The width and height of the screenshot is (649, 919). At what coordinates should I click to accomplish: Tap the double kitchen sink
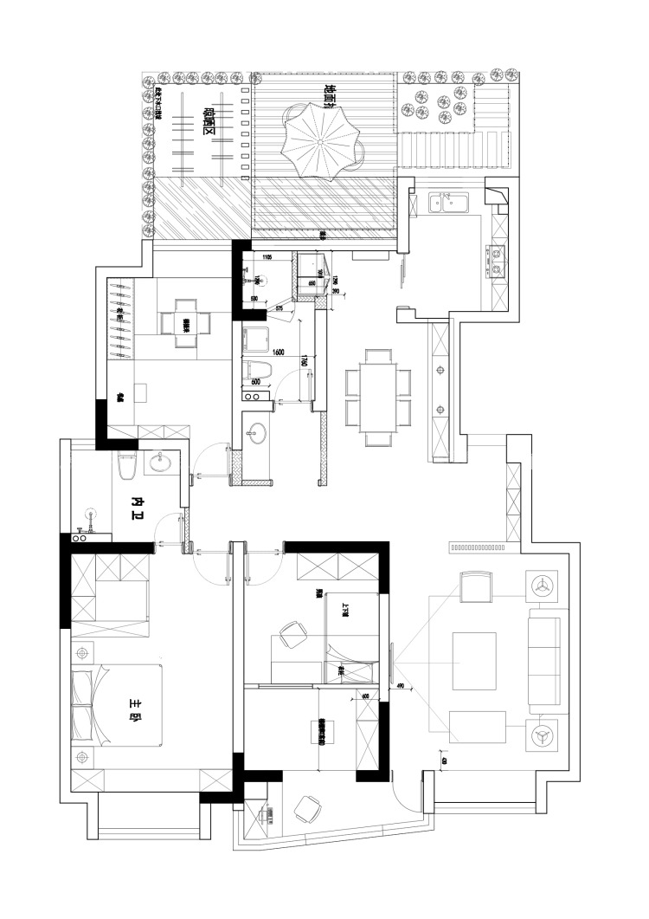coord(450,204)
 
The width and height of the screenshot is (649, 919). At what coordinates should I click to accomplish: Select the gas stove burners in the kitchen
coord(498,262)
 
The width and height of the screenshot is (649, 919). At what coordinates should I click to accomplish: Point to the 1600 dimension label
coord(278,353)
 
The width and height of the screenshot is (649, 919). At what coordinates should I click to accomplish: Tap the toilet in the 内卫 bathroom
coord(127,467)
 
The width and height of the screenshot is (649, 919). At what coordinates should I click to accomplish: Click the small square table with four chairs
coord(186,324)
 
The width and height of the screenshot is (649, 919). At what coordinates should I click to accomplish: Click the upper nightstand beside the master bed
coord(83,650)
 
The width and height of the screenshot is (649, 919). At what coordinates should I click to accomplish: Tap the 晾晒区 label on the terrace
coord(208,121)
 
